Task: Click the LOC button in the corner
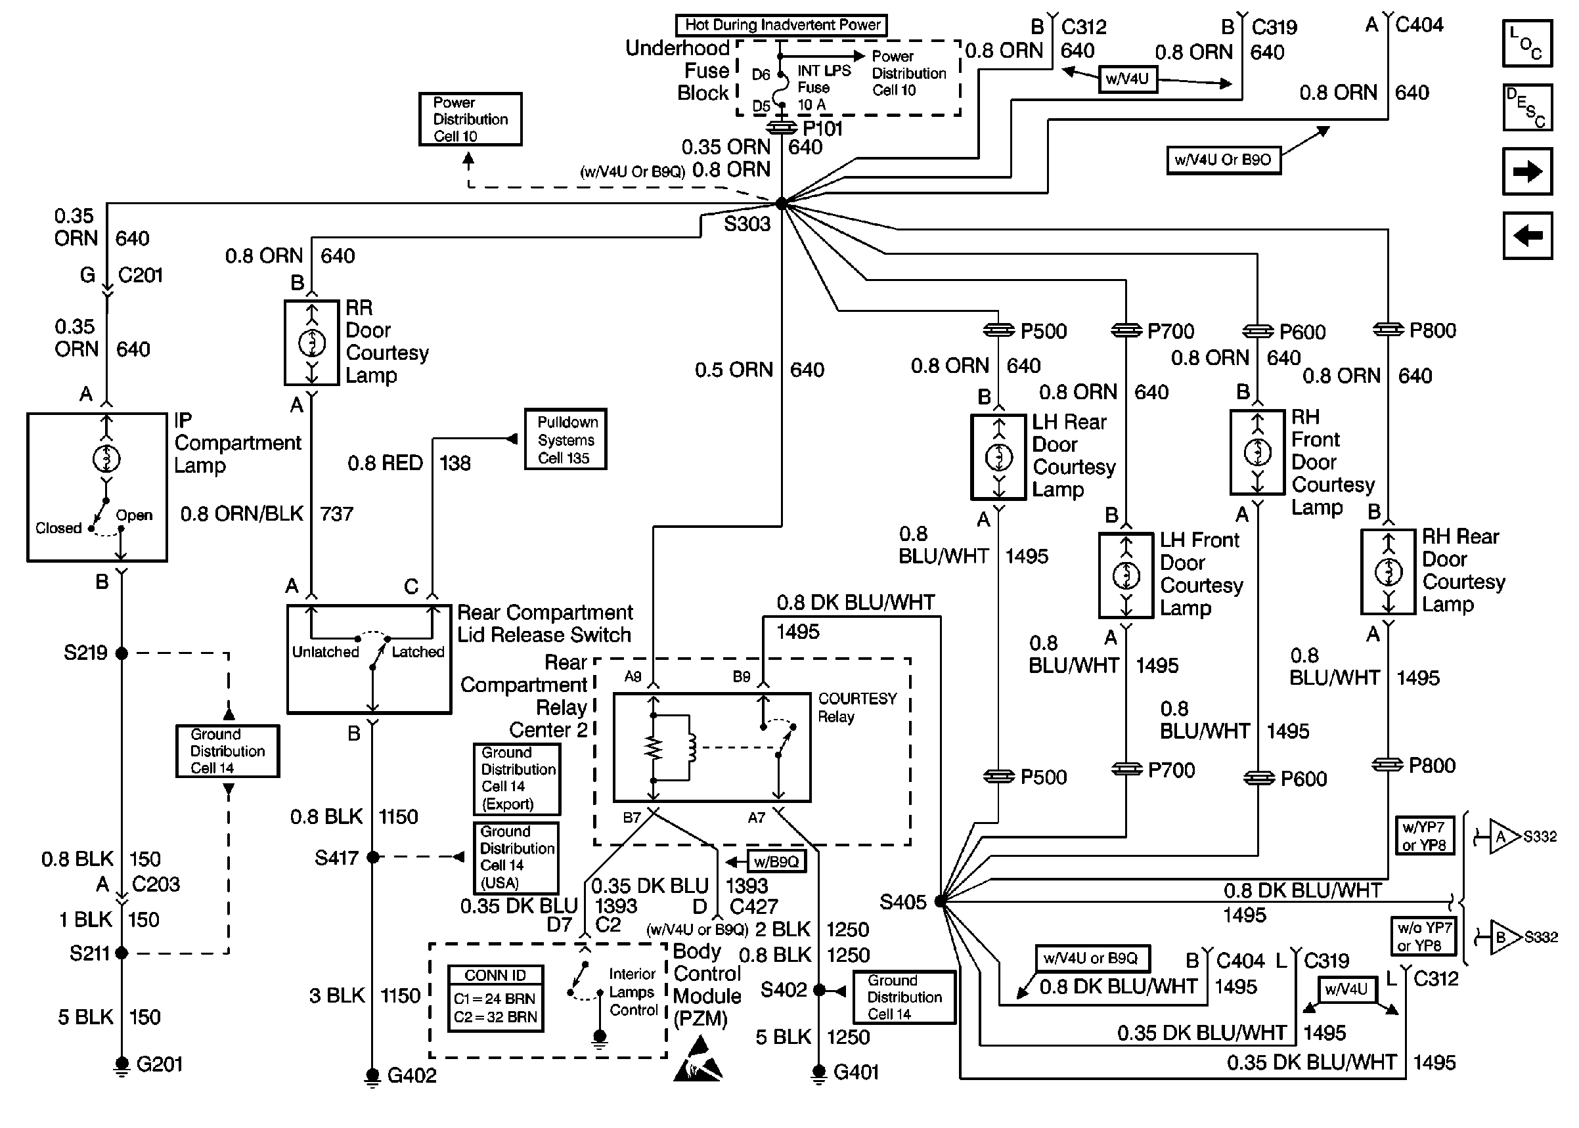coord(1526,43)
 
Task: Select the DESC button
coord(1526,108)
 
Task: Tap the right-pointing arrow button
coord(1526,171)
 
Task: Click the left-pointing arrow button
coord(1526,236)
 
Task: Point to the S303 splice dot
coord(782,204)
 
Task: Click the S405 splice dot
coord(940,901)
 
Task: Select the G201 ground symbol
coord(122,1065)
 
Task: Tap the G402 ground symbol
coord(372,1076)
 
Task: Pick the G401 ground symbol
coord(819,1073)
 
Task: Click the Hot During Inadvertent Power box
coord(782,25)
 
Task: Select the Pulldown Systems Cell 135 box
coord(566,440)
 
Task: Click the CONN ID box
coord(495,998)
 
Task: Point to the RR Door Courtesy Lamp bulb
coord(312,343)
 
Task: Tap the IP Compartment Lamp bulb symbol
coord(106,458)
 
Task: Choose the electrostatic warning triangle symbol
coord(698,1059)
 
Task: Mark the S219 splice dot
coord(122,653)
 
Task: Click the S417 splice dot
coord(373,857)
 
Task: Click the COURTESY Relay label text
coord(856,707)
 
